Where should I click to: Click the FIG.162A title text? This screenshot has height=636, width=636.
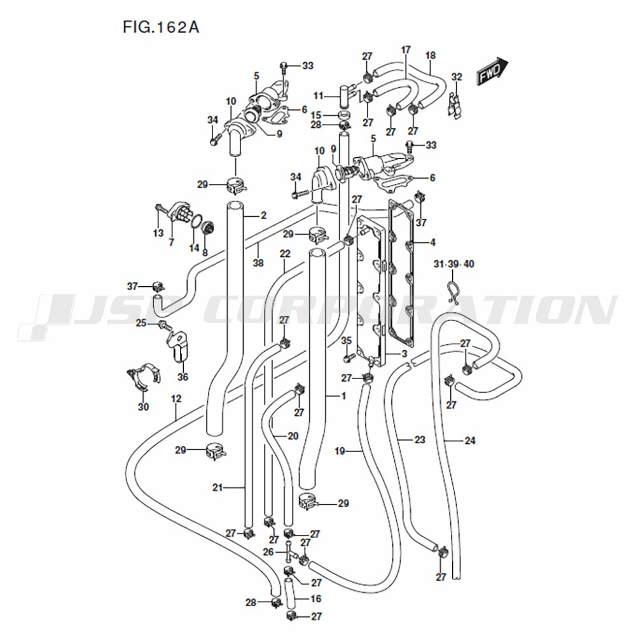(x=161, y=27)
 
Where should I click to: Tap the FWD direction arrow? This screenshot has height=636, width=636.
(x=492, y=71)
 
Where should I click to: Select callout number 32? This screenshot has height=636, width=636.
(x=456, y=77)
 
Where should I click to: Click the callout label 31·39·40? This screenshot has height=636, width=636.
(x=453, y=264)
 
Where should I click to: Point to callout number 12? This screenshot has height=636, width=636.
(x=176, y=399)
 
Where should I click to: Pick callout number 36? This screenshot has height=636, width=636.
(x=183, y=377)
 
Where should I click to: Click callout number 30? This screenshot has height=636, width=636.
(x=144, y=406)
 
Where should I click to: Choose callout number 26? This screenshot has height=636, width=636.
(x=268, y=552)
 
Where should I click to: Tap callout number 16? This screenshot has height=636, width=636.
(x=316, y=598)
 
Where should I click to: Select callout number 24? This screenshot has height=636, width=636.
(x=470, y=440)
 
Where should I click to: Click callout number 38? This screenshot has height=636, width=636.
(x=258, y=263)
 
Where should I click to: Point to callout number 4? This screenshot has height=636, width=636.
(x=432, y=242)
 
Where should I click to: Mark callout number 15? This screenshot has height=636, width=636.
(x=316, y=115)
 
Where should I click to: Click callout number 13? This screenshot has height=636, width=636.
(x=158, y=233)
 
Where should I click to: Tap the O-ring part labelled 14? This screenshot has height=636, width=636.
(x=197, y=223)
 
